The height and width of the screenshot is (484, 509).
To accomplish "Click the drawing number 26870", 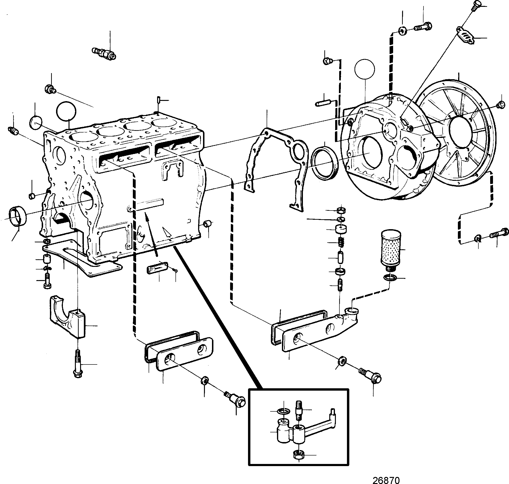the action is point(386,480).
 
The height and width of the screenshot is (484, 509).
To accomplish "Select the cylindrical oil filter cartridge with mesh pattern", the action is point(391,250).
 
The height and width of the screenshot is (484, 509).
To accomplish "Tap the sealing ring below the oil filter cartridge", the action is point(389,278).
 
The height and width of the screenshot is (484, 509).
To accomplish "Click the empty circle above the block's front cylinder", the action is point(66,111).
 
